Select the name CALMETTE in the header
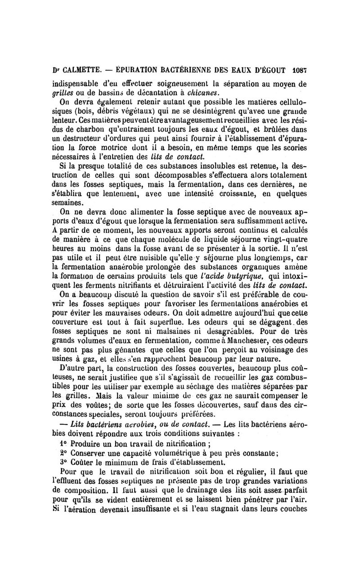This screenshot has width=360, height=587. (81, 70)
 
